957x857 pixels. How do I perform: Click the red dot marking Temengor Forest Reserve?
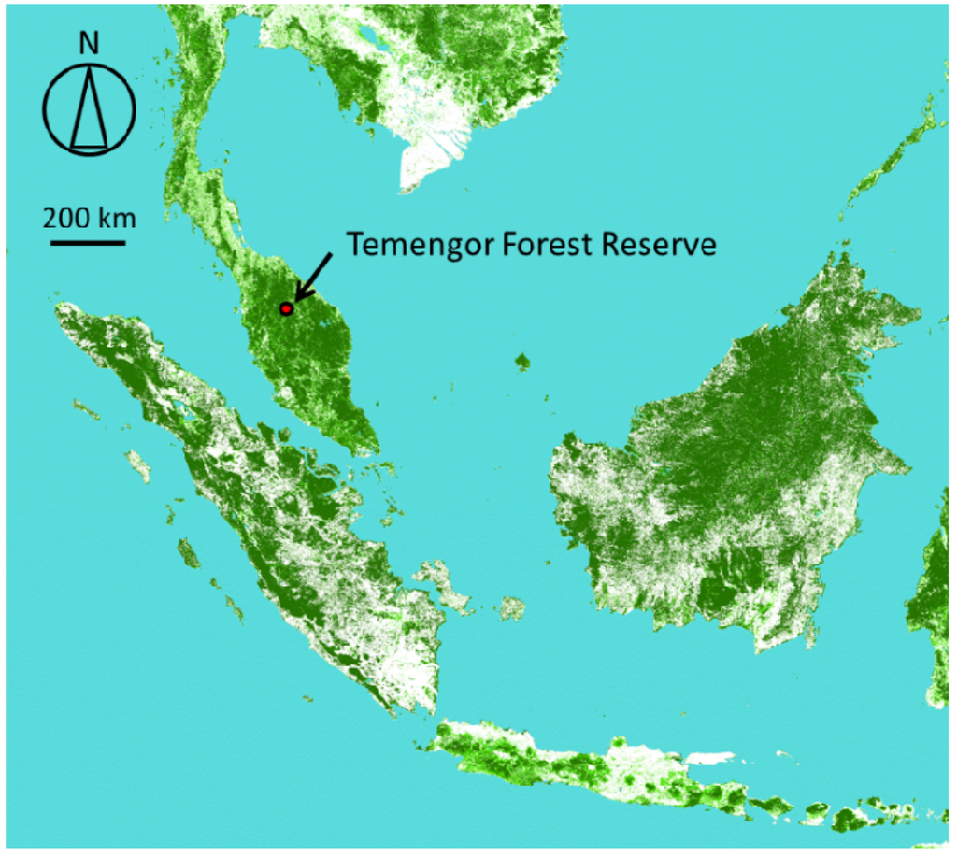pyautogui.click(x=287, y=308)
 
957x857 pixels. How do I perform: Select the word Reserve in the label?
pyautogui.click(x=658, y=245)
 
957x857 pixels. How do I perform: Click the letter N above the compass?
pyautogui.click(x=90, y=44)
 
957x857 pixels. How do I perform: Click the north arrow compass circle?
pyautogui.click(x=91, y=107)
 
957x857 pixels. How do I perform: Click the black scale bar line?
pyautogui.click(x=88, y=243)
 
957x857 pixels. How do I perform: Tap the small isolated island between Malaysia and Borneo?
pyautogui.click(x=521, y=361)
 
